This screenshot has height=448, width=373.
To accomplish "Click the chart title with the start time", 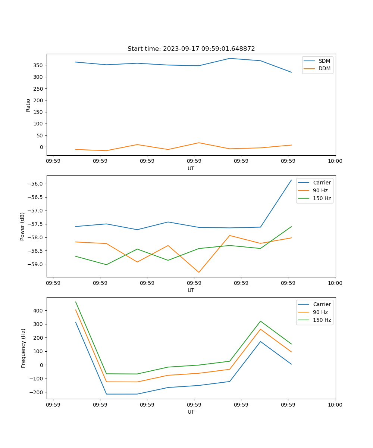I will pos(191,49).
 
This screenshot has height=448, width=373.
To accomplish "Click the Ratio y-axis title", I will pos(28,105).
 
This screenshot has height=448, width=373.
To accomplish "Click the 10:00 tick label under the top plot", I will pos(335,161).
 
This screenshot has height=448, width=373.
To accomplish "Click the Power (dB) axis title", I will pos(22,226).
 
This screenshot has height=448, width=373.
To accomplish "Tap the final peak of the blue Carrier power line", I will pos(291,180).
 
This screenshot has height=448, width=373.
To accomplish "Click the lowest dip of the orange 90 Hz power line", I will pos(198,272).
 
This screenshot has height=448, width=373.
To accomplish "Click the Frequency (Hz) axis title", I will pos(23,348).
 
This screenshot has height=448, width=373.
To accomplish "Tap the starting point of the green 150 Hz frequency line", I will pos(76,302).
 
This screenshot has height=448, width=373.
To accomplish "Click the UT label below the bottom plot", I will pos(191,412).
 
